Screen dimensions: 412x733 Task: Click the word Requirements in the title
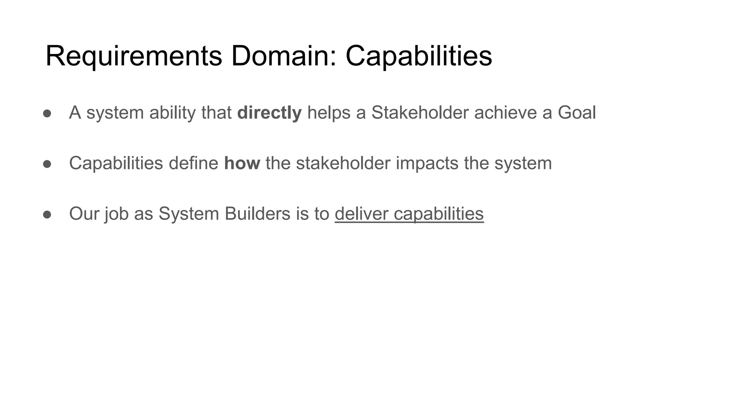(x=134, y=56)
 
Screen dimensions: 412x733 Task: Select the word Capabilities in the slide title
(x=418, y=56)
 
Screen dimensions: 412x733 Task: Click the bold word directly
(x=269, y=113)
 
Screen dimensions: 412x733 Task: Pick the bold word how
(x=242, y=163)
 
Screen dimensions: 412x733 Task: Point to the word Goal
(x=577, y=113)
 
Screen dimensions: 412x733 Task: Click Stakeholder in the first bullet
(x=420, y=113)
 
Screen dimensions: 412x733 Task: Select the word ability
(x=173, y=113)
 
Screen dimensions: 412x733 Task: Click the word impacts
(x=427, y=163)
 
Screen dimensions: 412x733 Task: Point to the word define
(x=193, y=163)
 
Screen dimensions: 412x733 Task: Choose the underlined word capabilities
(x=439, y=214)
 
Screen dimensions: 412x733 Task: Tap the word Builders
(x=257, y=214)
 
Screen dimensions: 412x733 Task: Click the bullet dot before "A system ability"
(x=47, y=113)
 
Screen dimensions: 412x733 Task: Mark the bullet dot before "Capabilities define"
(x=47, y=164)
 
